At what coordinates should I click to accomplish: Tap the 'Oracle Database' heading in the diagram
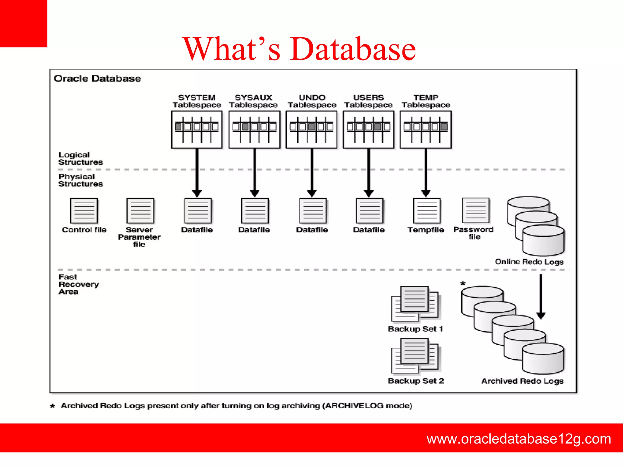[x=97, y=78]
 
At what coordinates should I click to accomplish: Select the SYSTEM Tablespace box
[x=197, y=130]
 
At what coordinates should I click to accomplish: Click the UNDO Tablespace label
[x=312, y=101]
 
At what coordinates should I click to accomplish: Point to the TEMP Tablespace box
[x=426, y=130]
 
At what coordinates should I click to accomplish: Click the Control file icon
[x=84, y=211]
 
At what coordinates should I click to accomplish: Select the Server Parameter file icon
[x=140, y=211]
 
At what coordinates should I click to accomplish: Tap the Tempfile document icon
[x=426, y=211]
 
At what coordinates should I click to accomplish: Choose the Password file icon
[x=475, y=210]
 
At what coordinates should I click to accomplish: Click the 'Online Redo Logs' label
[x=529, y=262]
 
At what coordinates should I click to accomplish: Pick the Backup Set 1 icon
[x=415, y=304]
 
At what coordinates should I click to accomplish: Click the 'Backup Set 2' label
[x=416, y=381]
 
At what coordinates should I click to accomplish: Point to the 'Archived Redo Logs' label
[x=522, y=381]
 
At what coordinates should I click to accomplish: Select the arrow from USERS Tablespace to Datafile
[x=369, y=172]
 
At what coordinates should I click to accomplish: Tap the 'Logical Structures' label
[x=81, y=159]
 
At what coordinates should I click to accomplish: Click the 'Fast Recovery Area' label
[x=78, y=284]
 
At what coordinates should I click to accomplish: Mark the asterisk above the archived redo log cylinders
[x=463, y=283]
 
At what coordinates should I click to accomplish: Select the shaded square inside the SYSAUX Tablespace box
[x=245, y=127]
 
